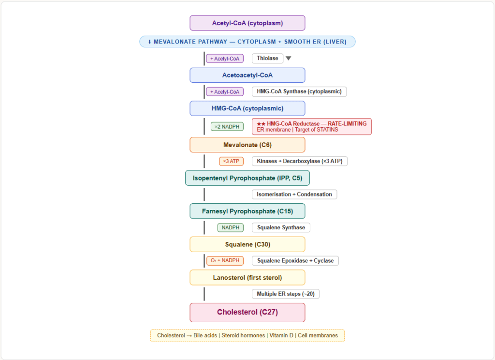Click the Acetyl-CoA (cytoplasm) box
247,23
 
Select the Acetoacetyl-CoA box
247,75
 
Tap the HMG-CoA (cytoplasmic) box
247,108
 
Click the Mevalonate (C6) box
247,145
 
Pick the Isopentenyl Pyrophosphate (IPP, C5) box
247,178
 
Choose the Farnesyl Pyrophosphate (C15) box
247,211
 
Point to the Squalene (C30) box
247,244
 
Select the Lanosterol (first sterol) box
247,277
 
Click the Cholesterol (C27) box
247,312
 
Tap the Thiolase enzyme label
267,58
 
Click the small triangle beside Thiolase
288,59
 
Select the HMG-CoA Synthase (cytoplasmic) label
299,91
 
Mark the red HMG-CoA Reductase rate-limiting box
311,126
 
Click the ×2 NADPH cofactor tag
227,127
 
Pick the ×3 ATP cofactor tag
231,161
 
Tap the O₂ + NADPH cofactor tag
225,260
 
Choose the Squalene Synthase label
281,227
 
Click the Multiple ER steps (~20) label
285,294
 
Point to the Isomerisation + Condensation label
294,194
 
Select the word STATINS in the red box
327,129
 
